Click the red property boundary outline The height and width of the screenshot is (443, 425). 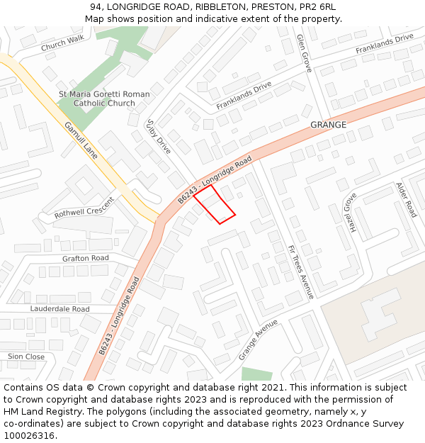point(214,204)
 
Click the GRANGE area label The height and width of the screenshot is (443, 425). point(328,125)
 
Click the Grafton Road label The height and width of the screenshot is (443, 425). point(86,258)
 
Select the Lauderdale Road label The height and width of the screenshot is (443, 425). point(59,309)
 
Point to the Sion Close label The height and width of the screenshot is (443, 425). point(26,357)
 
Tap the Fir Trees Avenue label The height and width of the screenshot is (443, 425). point(300,271)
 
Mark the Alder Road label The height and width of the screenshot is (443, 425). point(406,199)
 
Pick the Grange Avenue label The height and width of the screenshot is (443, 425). point(259,338)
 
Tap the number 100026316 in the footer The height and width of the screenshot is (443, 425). point(29,435)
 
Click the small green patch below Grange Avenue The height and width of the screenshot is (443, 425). point(256,374)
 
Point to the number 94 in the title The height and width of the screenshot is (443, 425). point(96,7)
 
